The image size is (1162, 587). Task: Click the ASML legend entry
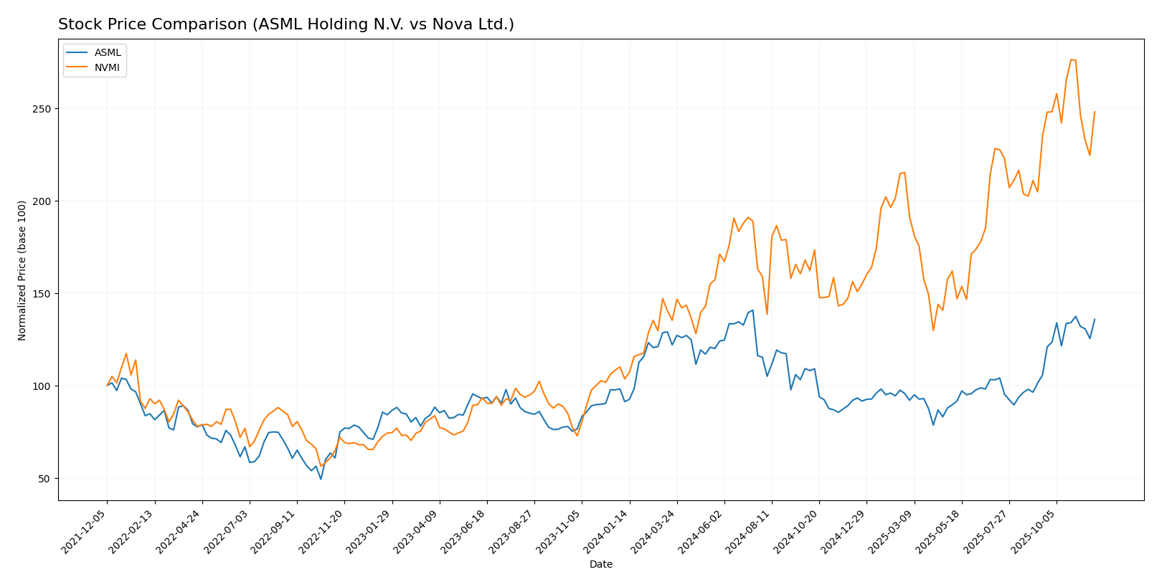[x=108, y=53]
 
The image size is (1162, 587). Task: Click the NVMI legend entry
[x=108, y=69]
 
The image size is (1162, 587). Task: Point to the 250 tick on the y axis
[x=44, y=109]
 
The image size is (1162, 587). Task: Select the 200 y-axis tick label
[x=44, y=201]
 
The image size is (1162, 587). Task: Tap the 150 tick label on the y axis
[x=44, y=294]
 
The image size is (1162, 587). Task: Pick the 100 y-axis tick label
[x=44, y=386]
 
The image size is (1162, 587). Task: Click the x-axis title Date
[x=601, y=565]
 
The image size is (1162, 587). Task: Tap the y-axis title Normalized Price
[x=22, y=270]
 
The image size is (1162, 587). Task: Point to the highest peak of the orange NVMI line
[x=1071, y=59]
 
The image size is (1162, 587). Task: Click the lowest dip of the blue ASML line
[x=321, y=479]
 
